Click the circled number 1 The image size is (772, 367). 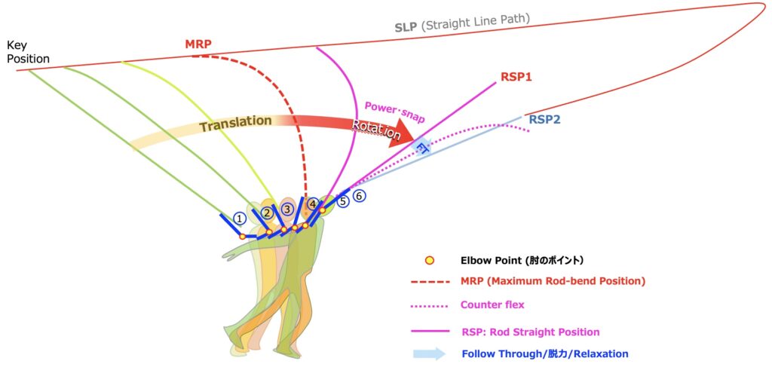tap(239, 219)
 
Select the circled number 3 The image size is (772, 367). tap(287, 209)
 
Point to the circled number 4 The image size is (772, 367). tap(313, 203)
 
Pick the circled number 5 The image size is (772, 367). tap(343, 201)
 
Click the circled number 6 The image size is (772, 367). tap(360, 196)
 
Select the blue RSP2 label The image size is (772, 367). tap(544, 119)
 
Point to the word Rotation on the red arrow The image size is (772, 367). tap(376, 129)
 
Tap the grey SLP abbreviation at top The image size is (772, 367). tap(405, 27)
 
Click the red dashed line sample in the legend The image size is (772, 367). tap(429, 281)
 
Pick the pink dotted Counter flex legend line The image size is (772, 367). tap(429, 305)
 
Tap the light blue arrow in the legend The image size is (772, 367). tap(429, 353)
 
